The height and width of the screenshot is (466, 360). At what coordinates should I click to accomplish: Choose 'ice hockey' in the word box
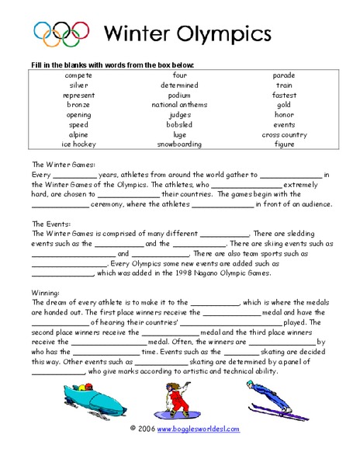coord(78,144)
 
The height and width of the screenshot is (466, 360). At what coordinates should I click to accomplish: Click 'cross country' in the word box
coord(284,134)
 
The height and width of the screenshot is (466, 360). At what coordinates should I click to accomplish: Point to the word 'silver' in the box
coord(78,85)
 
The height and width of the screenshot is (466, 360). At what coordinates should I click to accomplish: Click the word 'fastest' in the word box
coord(284,95)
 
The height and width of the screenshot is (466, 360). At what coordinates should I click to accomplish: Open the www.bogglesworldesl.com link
coord(199,429)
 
